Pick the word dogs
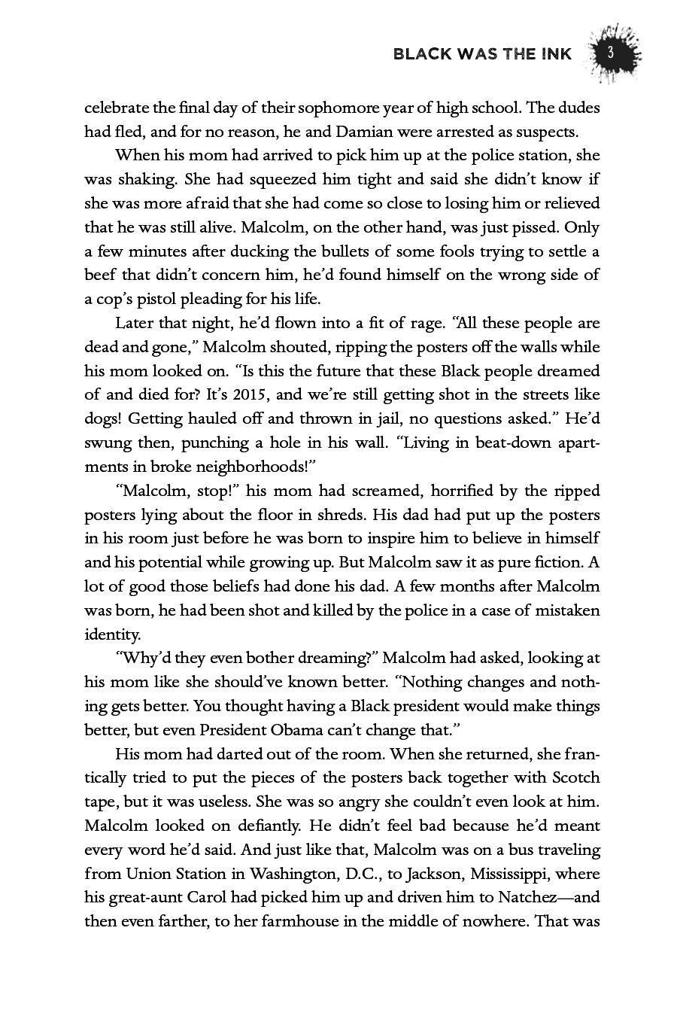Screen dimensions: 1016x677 102,418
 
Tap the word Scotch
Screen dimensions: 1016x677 575,777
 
